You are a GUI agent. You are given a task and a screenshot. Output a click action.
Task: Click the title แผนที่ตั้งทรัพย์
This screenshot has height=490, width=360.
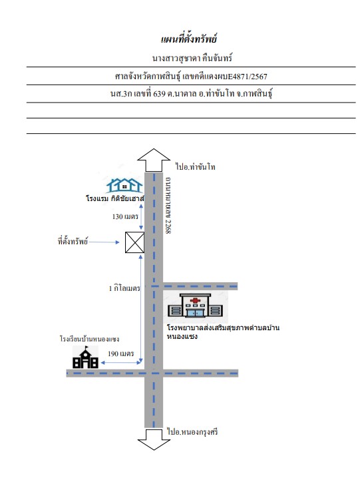coord(189,39)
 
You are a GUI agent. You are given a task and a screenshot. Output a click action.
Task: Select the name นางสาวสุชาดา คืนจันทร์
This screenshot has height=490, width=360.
coord(192,58)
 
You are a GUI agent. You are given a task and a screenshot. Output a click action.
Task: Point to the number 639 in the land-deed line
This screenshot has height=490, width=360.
coord(159,94)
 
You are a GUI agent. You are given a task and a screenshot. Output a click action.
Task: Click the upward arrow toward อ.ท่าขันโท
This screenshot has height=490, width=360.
coord(154,160)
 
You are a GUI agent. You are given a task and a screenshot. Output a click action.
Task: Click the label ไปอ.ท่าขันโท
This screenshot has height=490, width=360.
coord(196,166)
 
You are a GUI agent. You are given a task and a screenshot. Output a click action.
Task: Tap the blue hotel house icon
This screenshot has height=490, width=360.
coord(124,185)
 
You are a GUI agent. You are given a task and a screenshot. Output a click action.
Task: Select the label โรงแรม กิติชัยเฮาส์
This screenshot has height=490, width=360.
coord(115,198)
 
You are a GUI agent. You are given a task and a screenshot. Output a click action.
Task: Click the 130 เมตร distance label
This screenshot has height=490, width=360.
coord(125,216)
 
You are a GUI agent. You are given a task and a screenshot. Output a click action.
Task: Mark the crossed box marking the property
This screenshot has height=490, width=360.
coord(134,242)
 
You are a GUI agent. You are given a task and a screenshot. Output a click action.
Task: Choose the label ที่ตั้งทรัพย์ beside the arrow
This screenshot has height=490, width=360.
coord(73,241)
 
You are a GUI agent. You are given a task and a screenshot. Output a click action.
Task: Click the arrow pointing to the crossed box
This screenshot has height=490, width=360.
coord(104,242)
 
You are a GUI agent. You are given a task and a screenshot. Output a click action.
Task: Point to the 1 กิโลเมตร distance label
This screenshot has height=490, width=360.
coord(124,288)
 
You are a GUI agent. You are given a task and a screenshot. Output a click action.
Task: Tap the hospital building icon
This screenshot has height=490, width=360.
coord(195,306)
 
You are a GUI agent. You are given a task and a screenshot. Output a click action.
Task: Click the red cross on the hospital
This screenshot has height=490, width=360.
coord(195,301)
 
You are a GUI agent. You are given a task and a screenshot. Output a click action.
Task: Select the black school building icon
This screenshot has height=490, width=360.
coord(85,357)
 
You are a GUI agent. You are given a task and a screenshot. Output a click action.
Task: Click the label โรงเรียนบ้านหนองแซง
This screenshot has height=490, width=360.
coord(90,339)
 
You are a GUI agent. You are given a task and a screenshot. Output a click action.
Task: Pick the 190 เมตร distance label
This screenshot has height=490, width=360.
coord(121,354)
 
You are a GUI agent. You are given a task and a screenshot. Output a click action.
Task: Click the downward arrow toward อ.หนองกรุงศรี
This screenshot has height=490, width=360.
coord(154,439)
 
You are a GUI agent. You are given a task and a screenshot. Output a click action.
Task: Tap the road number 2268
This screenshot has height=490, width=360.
coord(168,226)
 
